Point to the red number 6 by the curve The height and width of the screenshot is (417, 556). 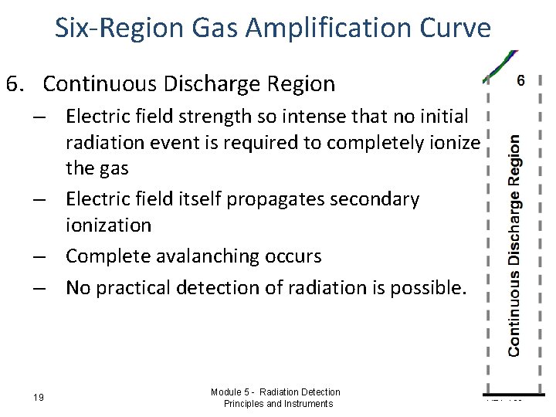[520, 81]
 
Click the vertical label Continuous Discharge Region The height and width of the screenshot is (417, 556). [514, 246]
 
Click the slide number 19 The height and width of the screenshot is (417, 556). [39, 398]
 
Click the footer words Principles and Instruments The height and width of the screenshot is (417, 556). [278, 404]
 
